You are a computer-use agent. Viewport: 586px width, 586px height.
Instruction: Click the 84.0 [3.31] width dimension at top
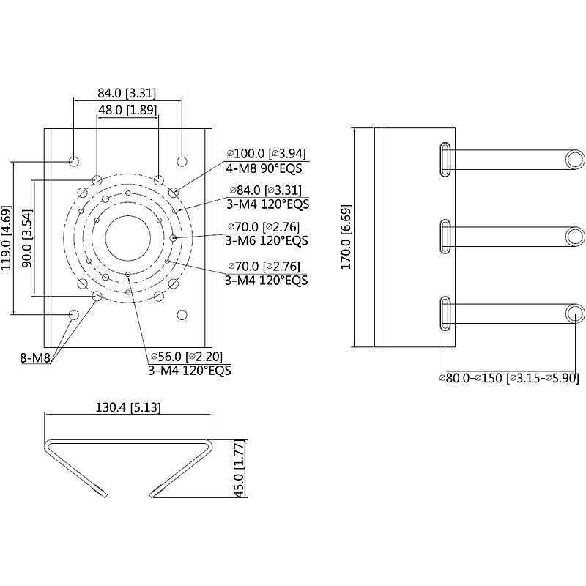pos(127,93)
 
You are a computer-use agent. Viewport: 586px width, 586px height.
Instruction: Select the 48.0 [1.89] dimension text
pos(127,110)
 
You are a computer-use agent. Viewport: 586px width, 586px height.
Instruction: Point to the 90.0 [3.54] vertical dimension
pos(26,238)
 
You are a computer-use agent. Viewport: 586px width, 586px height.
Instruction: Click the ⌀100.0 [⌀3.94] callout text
pos(267,153)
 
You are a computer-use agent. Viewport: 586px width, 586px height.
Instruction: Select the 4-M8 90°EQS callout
pos(263,168)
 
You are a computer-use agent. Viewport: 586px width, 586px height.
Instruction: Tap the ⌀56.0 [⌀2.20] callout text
pos(186,356)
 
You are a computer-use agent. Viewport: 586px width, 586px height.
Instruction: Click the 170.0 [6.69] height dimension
pos(346,238)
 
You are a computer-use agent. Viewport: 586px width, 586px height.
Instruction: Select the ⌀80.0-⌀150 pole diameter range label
pos(508,378)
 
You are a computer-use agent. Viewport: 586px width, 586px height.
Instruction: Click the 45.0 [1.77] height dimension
pos(238,469)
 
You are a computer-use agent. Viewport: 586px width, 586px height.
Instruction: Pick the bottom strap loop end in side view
pos(574,314)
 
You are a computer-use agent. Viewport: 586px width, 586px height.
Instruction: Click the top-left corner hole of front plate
pos(74,160)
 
